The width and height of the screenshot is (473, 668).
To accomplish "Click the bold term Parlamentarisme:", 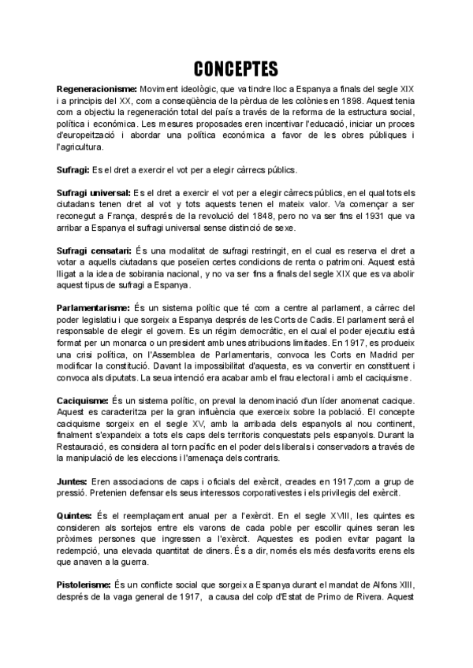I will pyautogui.click(x=95, y=306).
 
